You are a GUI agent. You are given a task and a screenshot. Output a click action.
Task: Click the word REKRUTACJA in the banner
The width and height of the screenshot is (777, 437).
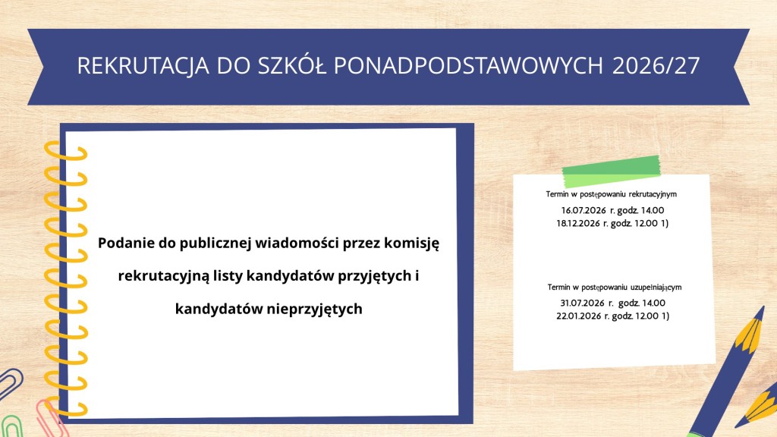tap(143, 66)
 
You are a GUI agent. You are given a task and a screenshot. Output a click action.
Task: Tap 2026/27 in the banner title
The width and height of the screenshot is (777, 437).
tap(656, 66)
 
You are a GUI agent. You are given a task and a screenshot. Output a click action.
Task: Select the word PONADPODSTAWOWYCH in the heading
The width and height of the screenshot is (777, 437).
tap(468, 66)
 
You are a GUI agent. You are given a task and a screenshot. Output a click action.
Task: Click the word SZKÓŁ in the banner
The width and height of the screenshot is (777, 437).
tap(292, 64)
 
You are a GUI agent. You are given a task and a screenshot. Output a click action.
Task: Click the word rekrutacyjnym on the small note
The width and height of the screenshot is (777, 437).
tap(653, 194)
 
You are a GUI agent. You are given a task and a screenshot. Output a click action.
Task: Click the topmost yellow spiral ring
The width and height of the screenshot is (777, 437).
tap(66, 152)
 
